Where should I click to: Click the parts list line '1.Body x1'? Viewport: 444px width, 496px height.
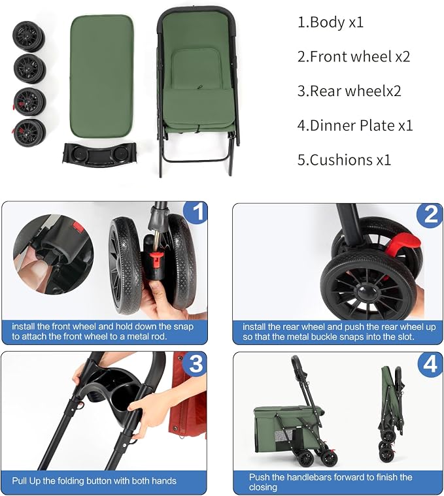tap(330, 22)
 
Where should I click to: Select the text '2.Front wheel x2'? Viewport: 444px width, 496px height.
tap(354, 57)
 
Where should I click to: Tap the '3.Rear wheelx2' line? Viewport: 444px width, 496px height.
tap(349, 91)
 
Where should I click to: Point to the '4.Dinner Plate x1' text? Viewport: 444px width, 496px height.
tap(355, 125)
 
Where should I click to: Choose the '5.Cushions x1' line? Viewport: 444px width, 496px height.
tap(344, 159)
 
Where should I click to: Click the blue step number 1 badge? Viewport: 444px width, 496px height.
tap(196, 212)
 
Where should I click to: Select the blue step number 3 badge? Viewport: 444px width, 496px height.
tap(195, 363)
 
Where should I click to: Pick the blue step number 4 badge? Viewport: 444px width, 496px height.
tap(430, 364)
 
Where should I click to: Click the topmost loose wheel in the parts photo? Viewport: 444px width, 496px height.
tap(29, 37)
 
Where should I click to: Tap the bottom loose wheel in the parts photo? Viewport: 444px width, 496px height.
tap(29, 133)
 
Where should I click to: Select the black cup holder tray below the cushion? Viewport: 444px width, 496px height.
tap(99, 154)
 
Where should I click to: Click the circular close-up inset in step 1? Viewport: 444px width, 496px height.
tap(54, 255)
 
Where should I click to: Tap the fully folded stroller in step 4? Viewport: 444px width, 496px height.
tap(390, 414)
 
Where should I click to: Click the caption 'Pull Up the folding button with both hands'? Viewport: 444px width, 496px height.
tap(94, 481)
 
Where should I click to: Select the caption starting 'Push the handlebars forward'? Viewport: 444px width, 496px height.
tap(330, 482)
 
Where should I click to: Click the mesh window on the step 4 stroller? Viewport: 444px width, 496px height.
tap(281, 437)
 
